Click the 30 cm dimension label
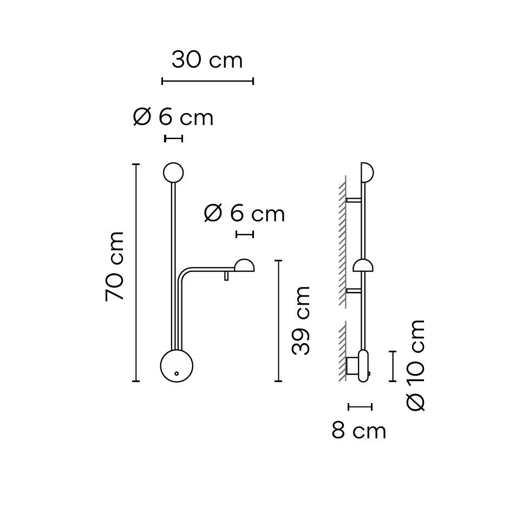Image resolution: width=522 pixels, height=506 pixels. coord(207,60)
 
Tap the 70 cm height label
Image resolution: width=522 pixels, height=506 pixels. coord(114,266)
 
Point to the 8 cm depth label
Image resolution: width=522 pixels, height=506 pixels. coord(359,431)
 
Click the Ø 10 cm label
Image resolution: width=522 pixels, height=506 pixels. coord(416,365)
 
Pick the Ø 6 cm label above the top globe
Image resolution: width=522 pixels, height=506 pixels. coord(173,117)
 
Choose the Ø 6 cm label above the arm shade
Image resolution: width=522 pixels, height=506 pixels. coord(244,214)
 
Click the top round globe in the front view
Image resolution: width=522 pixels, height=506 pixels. coord(173,173)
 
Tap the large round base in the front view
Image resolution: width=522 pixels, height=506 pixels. coord(177,366)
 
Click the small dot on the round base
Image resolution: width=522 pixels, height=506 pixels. coord(177,373)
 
